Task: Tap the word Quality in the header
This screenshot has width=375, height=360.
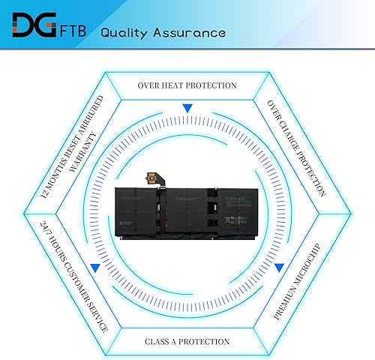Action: click(128, 33)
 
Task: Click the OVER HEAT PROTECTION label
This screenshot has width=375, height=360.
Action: click(187, 85)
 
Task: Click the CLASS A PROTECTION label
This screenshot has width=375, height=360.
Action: click(187, 341)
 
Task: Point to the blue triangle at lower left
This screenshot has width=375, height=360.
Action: click(94, 267)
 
